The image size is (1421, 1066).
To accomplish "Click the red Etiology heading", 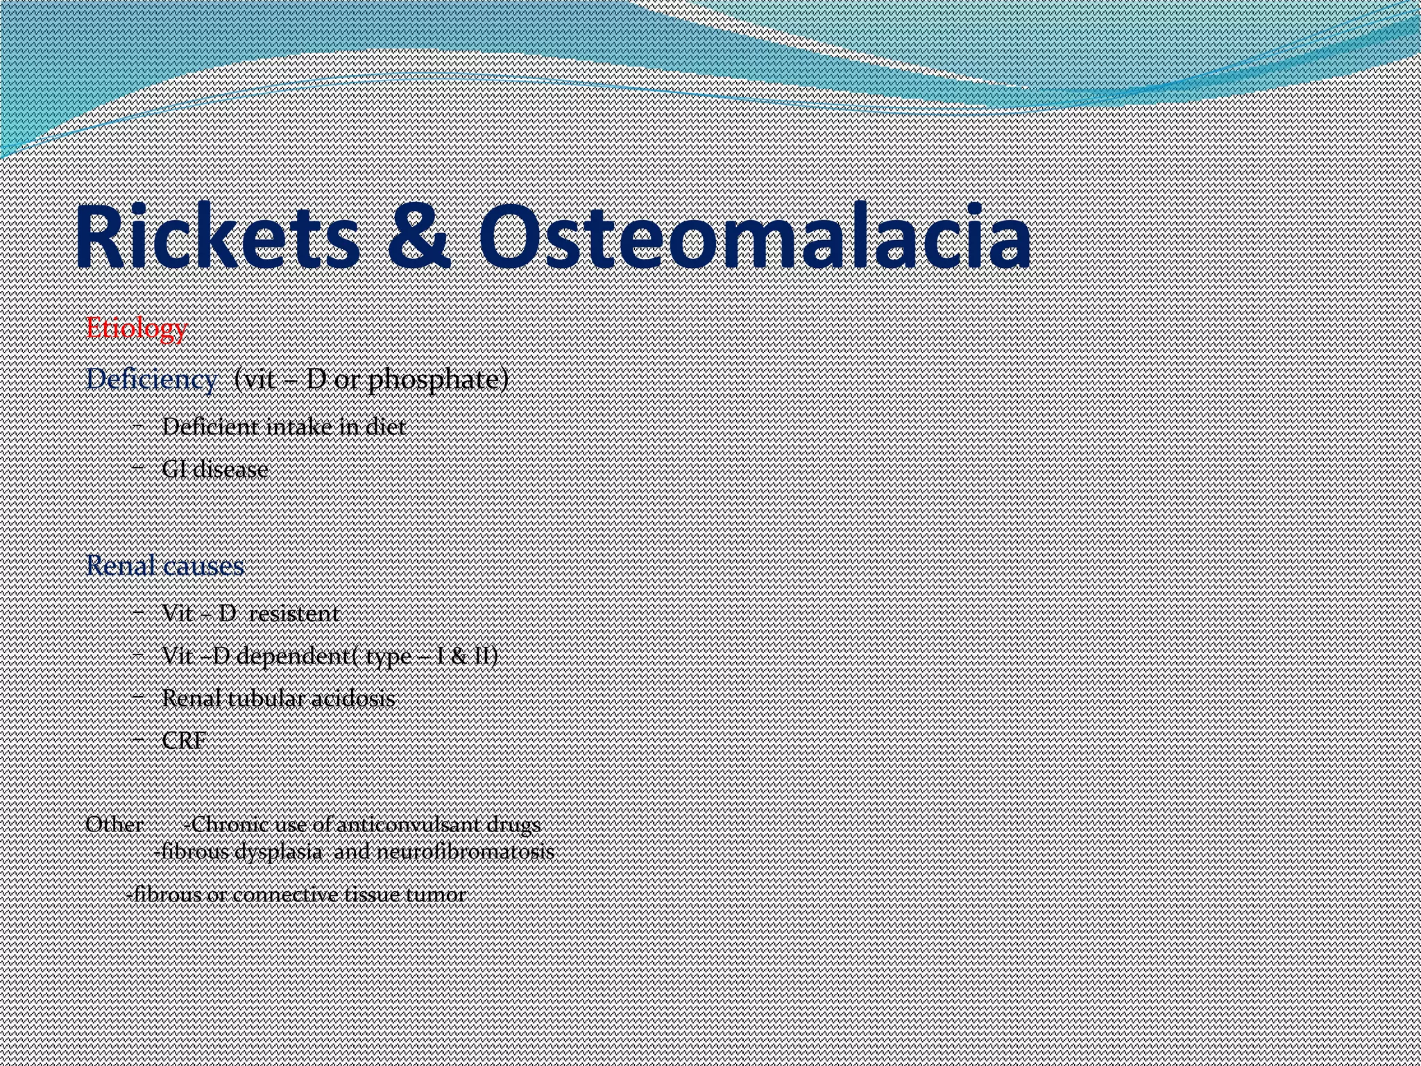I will (136, 328).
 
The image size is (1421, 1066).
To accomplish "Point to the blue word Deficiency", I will (151, 380).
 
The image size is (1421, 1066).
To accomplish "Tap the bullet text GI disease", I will (215, 469).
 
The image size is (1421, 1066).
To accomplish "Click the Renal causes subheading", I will (165, 566).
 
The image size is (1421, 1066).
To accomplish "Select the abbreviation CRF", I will (184, 741).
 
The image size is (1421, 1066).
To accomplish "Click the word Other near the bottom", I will (114, 824).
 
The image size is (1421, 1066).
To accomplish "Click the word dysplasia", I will (278, 852).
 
